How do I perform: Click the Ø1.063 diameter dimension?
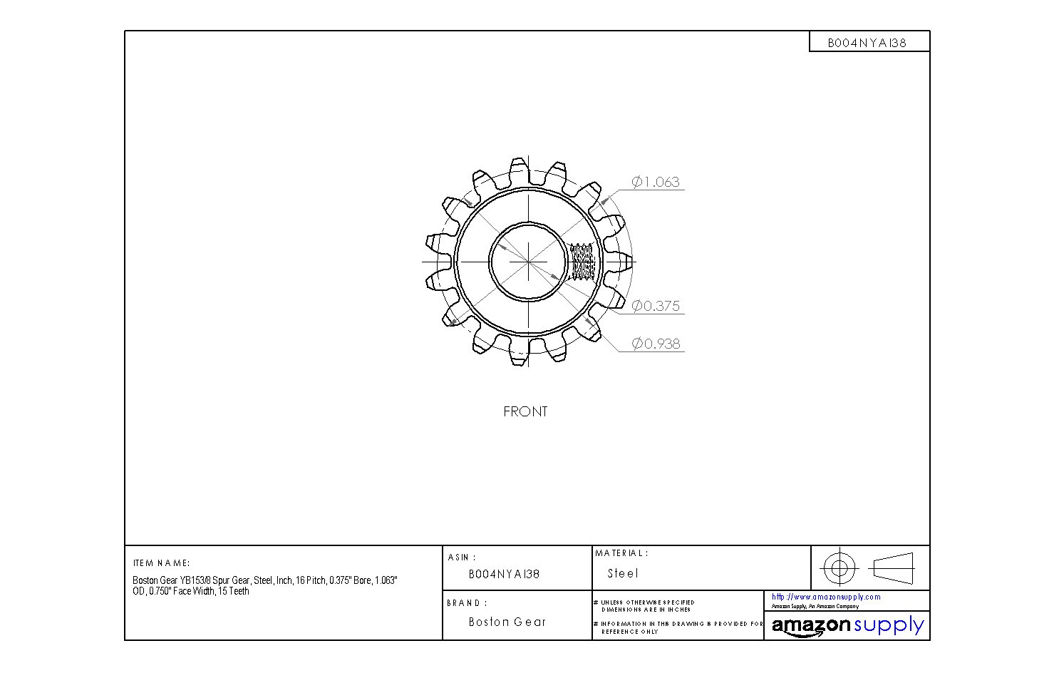pos(656,183)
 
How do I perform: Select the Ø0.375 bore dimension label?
pos(656,307)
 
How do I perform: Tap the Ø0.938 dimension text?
pos(656,344)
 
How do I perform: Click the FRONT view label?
pos(525,412)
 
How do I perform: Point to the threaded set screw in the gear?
pos(583,262)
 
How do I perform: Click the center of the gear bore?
pos(528,261)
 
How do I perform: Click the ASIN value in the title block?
pos(504,574)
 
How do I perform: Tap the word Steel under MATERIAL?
pos(623,573)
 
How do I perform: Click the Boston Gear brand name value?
pos(507,622)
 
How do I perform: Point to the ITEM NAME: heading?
pos(161,563)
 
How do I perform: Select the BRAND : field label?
pos(467,603)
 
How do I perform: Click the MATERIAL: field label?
pos(621,553)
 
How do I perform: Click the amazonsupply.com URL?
pos(826,597)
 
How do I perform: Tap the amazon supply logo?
pos(847,626)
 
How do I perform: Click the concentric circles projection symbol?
pos(839,568)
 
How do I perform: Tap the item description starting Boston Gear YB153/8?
pos(264,586)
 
